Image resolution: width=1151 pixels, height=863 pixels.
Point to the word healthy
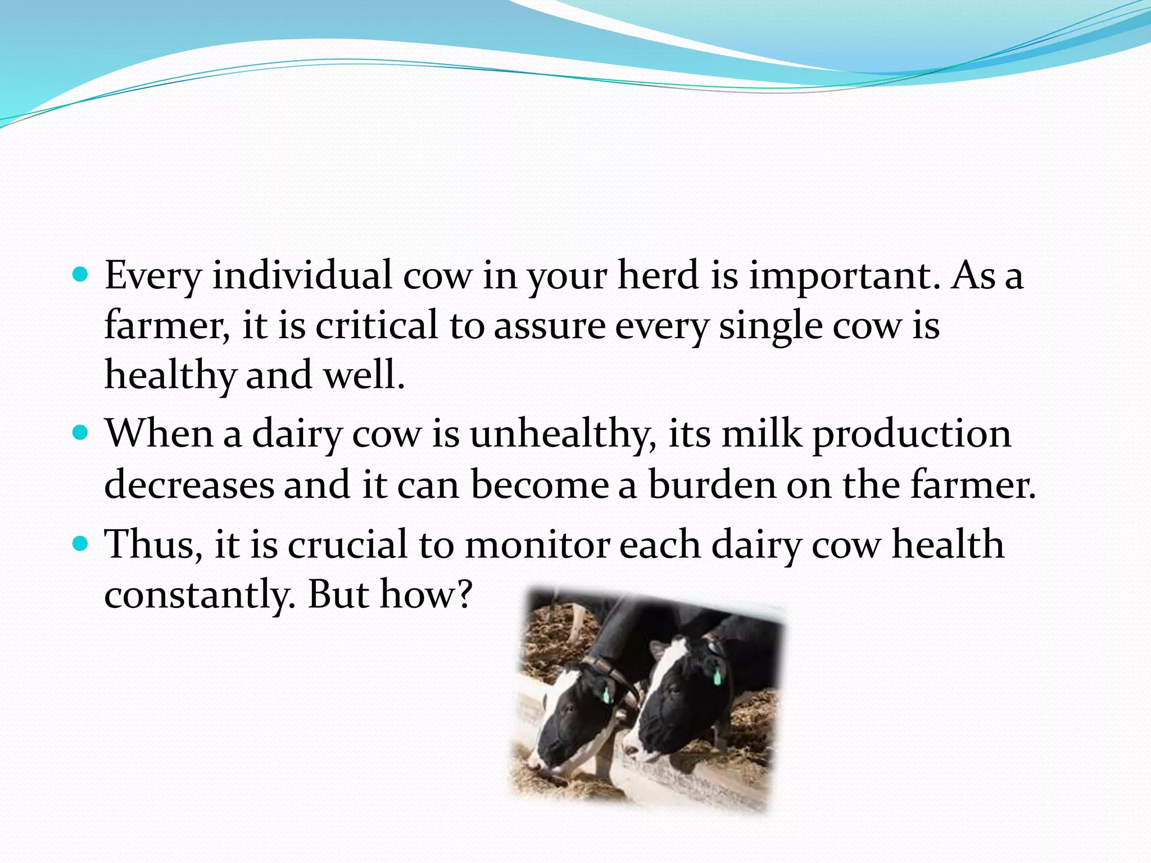[x=170, y=375]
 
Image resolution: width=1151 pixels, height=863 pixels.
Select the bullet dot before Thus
[x=81, y=544]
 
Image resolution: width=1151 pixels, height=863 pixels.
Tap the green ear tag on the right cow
[x=717, y=676]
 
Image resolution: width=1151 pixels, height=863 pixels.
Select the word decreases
[x=189, y=484]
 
